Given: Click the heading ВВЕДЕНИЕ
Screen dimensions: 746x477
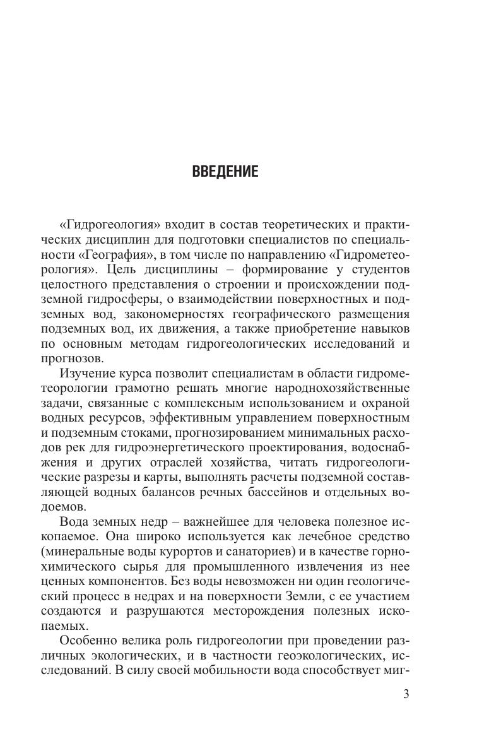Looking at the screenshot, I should coord(225,172).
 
